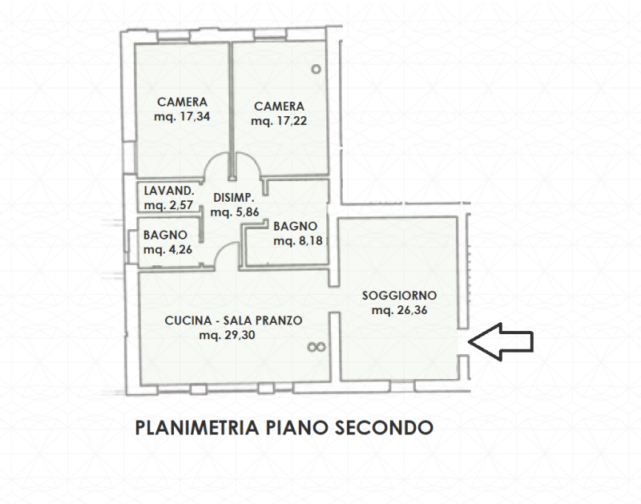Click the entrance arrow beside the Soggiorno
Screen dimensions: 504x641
pos(500,341)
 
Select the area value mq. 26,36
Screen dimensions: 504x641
pos(398,311)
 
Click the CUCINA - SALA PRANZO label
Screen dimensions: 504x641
pos(233,321)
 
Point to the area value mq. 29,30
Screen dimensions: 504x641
pos(228,336)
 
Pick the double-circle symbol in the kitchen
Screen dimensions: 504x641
pos(316,347)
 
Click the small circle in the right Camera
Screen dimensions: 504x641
pos(316,69)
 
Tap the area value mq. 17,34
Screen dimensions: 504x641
pos(182,117)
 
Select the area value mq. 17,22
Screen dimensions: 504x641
pos(279,121)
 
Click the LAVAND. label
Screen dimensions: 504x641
pos(168,192)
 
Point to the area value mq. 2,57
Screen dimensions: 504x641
pos(167,206)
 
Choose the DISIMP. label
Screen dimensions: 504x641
pos(233,198)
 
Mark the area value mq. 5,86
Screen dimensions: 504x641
pos(233,213)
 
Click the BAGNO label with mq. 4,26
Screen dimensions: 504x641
pos(165,235)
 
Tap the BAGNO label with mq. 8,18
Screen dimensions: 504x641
pos(296,226)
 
